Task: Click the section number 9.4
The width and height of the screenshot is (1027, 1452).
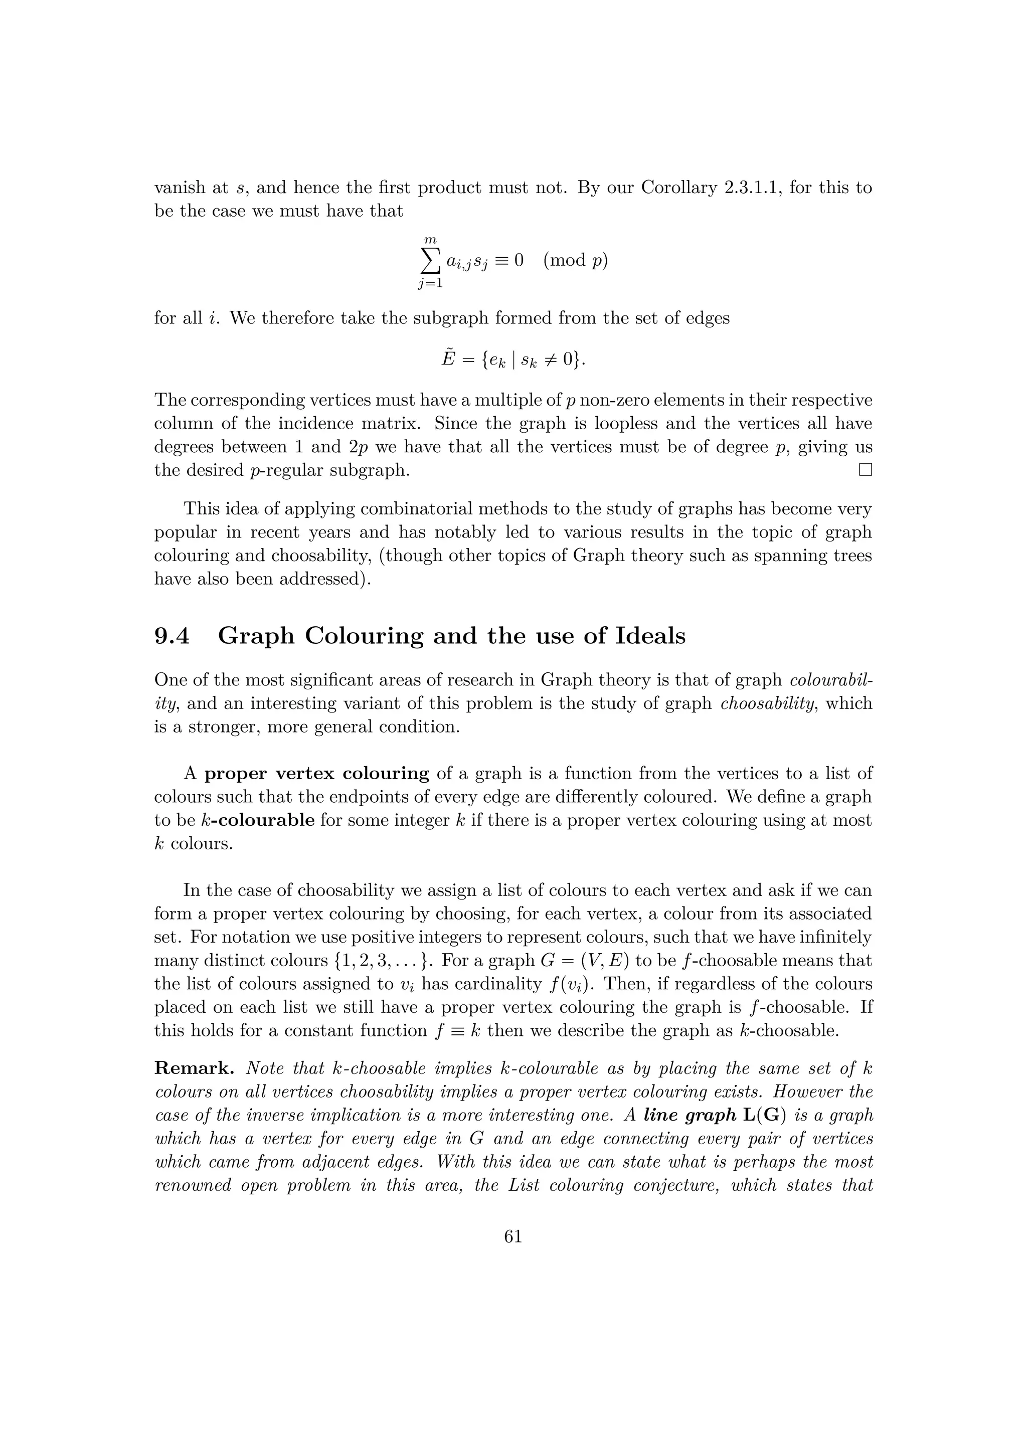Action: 172,636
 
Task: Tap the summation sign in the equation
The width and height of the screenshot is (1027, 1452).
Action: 430,260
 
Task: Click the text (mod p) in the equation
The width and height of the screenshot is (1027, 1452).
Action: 575,260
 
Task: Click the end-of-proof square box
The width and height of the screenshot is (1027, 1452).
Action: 865,470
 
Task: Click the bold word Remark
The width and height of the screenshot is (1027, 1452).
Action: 194,1069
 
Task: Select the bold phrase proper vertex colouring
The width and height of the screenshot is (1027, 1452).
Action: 317,774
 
